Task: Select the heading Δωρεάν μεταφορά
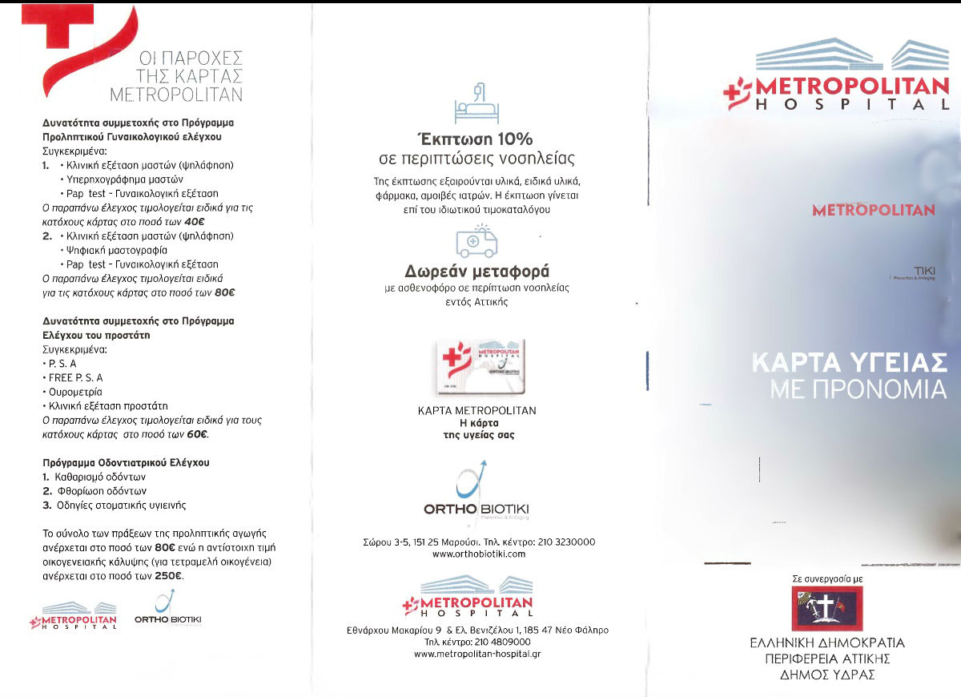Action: coord(476,271)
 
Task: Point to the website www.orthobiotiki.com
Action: coord(478,554)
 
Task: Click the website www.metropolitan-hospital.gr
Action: coord(477,654)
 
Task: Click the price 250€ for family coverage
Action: coord(168,575)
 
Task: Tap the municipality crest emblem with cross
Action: coord(826,608)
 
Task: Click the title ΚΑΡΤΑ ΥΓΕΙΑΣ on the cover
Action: coord(849,361)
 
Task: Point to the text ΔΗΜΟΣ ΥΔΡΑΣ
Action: coord(827,675)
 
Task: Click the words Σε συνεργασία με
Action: coord(826,577)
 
